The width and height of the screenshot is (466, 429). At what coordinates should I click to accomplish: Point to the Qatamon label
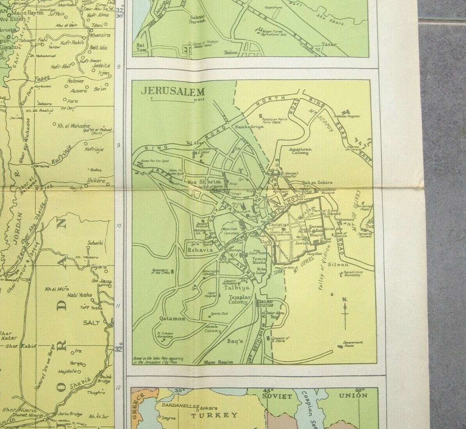pyautogui.click(x=172, y=319)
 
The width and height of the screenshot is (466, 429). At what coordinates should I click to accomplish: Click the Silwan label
pyautogui.click(x=338, y=264)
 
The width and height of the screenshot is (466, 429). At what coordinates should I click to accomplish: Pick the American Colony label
pyautogui.click(x=300, y=151)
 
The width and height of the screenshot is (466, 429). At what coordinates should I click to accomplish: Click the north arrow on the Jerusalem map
pyautogui.click(x=345, y=313)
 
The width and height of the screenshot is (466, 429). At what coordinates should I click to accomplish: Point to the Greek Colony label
pyautogui.click(x=213, y=328)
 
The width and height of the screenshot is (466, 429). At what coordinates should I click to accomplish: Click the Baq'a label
pyautogui.click(x=235, y=341)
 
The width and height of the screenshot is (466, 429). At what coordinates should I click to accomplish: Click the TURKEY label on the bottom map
pyautogui.click(x=214, y=415)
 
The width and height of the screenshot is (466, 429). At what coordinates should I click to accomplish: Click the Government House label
pyautogui.click(x=353, y=344)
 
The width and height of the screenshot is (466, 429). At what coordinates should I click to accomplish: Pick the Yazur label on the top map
pyautogui.click(x=329, y=44)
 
